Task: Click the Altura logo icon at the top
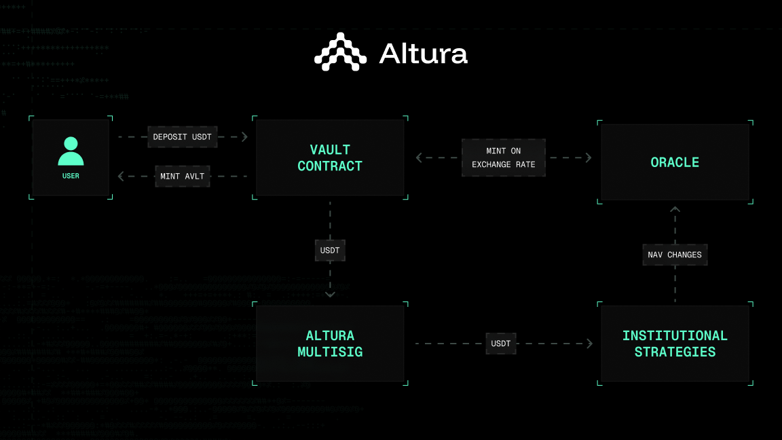tap(340, 52)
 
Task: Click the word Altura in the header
tap(423, 53)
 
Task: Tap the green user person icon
tap(71, 151)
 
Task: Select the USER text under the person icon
tap(71, 176)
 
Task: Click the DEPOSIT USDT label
tap(182, 137)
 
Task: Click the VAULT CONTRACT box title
tap(330, 158)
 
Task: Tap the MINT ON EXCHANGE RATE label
tap(503, 158)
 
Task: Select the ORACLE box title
tap(675, 162)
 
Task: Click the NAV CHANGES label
tap(675, 255)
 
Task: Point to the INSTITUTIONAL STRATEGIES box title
tap(675, 344)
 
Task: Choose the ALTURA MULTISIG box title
tap(330, 344)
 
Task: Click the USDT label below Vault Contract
tap(330, 251)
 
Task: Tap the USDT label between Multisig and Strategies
tap(501, 344)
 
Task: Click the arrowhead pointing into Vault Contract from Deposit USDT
tap(244, 137)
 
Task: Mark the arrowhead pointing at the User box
tap(122, 177)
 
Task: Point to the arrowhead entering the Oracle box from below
tap(675, 210)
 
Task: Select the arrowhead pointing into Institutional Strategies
tap(589, 344)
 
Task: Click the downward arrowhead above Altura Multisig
tap(330, 295)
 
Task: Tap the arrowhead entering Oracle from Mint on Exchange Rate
tap(588, 158)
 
